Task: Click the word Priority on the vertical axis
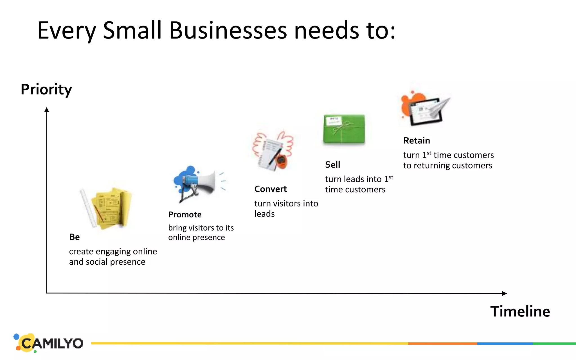click(46, 89)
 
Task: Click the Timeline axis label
click(520, 311)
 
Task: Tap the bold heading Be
click(75, 237)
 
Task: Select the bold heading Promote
click(185, 215)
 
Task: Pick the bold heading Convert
click(271, 189)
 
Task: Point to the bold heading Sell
click(332, 165)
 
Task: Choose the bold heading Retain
click(417, 140)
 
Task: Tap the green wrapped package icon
click(344, 129)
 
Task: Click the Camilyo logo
click(49, 343)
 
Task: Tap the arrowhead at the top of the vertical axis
click(47, 110)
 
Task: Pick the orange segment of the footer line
click(443, 343)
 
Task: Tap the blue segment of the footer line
click(505, 343)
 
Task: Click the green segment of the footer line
click(554, 343)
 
